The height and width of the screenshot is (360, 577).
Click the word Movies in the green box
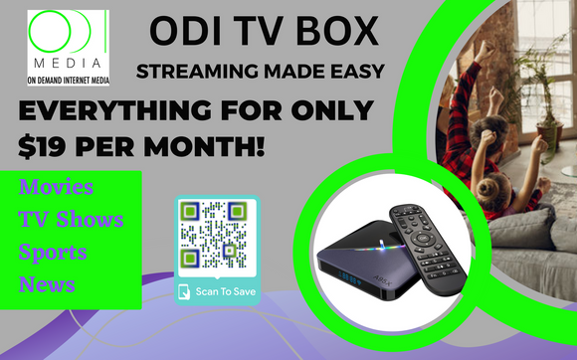point(56,187)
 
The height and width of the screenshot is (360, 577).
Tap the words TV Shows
point(71,219)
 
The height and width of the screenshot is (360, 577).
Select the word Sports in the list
point(53,252)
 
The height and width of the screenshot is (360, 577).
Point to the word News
point(47,284)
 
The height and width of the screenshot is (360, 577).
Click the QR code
point(212,237)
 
